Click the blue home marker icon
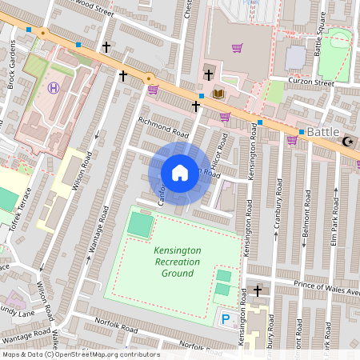180,173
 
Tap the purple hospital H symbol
54,88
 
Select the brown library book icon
218,94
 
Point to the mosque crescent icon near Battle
347,142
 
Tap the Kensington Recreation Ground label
178,262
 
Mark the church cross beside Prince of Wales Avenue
258,290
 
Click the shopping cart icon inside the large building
237,48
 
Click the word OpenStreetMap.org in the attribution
94,354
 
